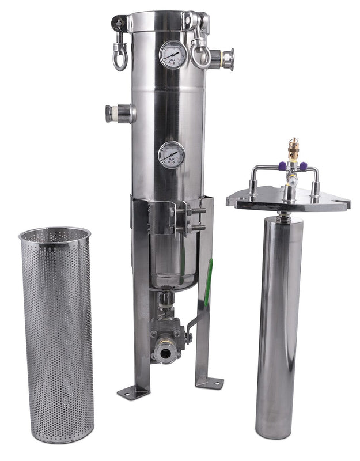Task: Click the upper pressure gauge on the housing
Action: [172, 54]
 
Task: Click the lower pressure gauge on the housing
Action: [172, 154]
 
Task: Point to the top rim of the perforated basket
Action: [55, 234]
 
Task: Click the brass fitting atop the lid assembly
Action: [293, 148]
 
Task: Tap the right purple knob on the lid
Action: [303, 166]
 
